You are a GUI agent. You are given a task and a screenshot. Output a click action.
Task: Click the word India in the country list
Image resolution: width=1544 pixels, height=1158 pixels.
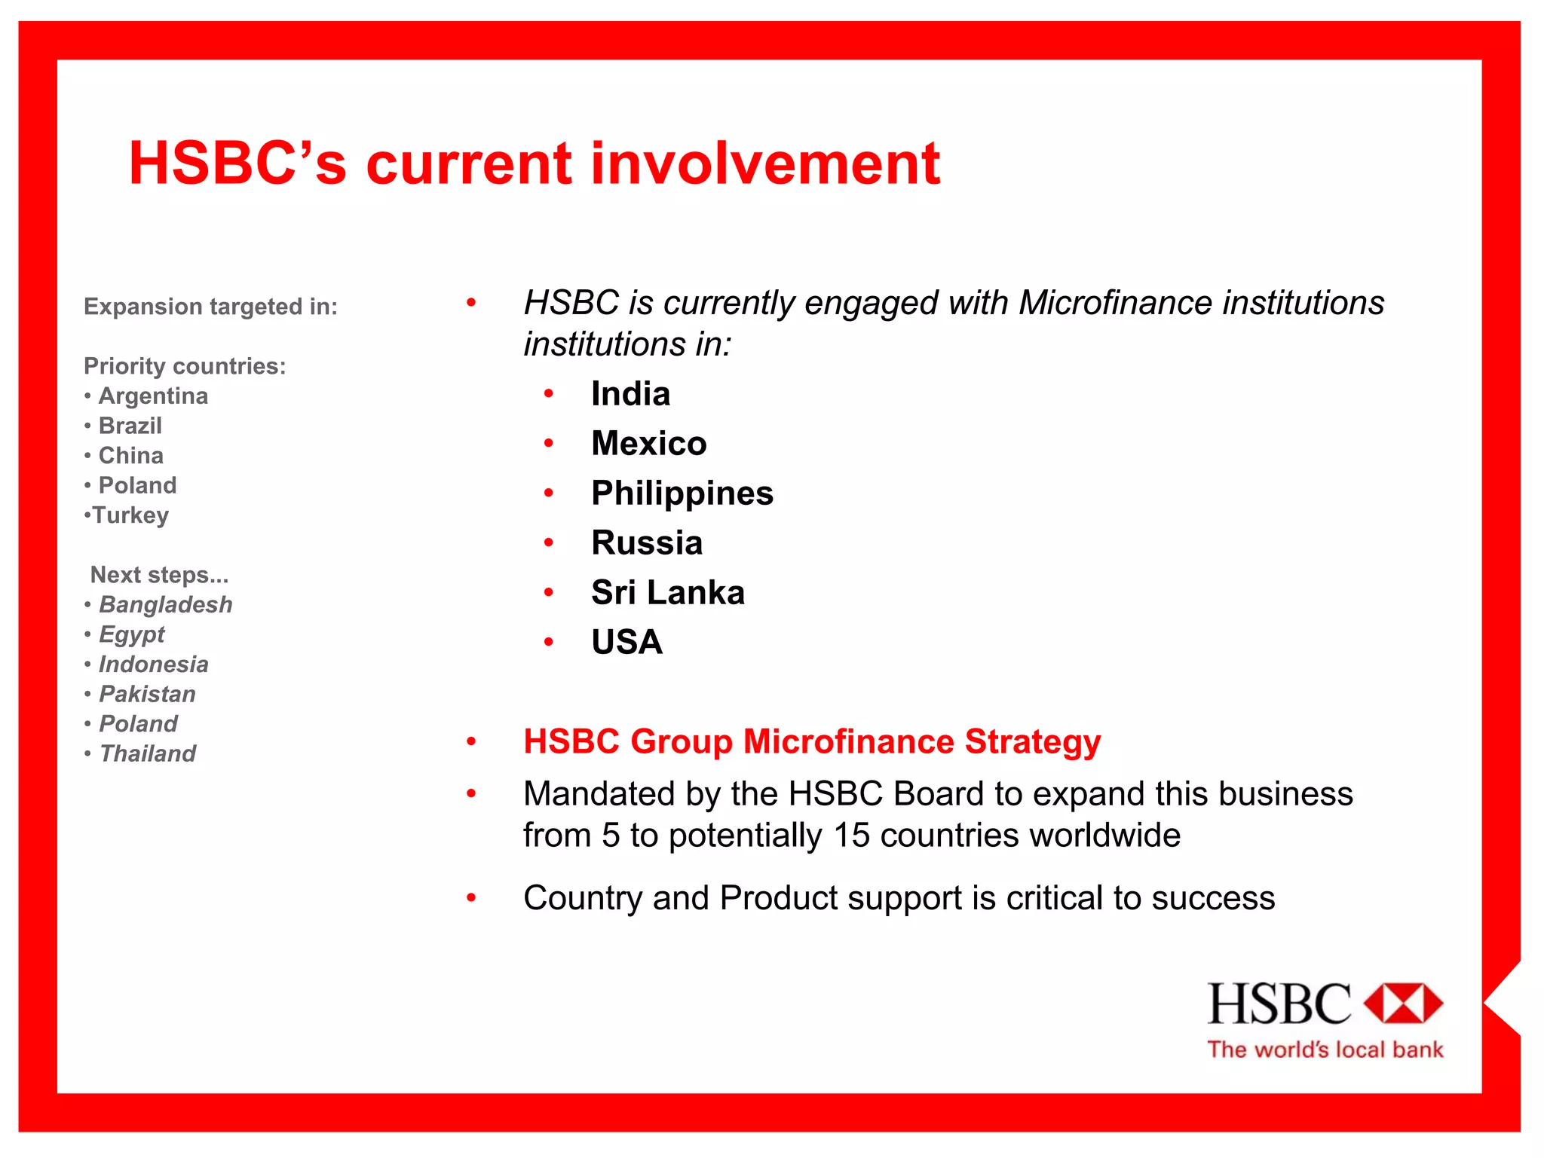click(630, 394)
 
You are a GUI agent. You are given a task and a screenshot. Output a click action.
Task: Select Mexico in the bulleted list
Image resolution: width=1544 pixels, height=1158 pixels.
click(649, 444)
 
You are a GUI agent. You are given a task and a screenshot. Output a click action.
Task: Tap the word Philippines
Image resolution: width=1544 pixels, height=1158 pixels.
click(682, 493)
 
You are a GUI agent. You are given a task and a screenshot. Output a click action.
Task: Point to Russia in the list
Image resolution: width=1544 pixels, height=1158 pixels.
click(647, 543)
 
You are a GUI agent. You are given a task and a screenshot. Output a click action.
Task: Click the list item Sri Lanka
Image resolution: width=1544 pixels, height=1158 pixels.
click(668, 593)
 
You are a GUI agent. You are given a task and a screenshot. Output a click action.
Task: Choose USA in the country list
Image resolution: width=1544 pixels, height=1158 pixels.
click(626, 643)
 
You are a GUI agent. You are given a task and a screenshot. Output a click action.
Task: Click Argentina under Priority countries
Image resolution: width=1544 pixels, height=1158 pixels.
click(153, 396)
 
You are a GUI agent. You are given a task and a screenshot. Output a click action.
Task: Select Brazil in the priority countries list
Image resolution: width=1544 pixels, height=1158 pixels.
click(130, 426)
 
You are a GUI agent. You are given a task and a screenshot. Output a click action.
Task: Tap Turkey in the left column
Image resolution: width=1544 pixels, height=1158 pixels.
click(130, 515)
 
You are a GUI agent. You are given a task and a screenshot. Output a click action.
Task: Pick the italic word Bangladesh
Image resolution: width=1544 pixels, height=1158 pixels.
click(166, 605)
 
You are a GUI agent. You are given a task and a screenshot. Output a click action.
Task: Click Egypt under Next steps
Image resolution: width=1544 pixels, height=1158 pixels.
click(132, 635)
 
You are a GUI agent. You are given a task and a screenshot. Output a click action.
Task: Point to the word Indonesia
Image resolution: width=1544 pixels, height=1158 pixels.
click(154, 665)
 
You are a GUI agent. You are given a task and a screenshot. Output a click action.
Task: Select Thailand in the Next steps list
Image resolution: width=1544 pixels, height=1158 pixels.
click(148, 754)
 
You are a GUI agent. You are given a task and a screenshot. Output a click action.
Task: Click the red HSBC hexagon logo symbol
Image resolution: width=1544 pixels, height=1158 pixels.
click(1403, 1004)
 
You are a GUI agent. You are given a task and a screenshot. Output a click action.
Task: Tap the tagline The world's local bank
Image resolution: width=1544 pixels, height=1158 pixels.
click(1325, 1050)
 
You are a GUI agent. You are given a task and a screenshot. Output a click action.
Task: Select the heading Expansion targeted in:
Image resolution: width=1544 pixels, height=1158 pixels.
click(210, 307)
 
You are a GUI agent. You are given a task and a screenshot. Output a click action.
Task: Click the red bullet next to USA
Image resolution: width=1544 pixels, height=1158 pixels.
click(549, 643)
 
